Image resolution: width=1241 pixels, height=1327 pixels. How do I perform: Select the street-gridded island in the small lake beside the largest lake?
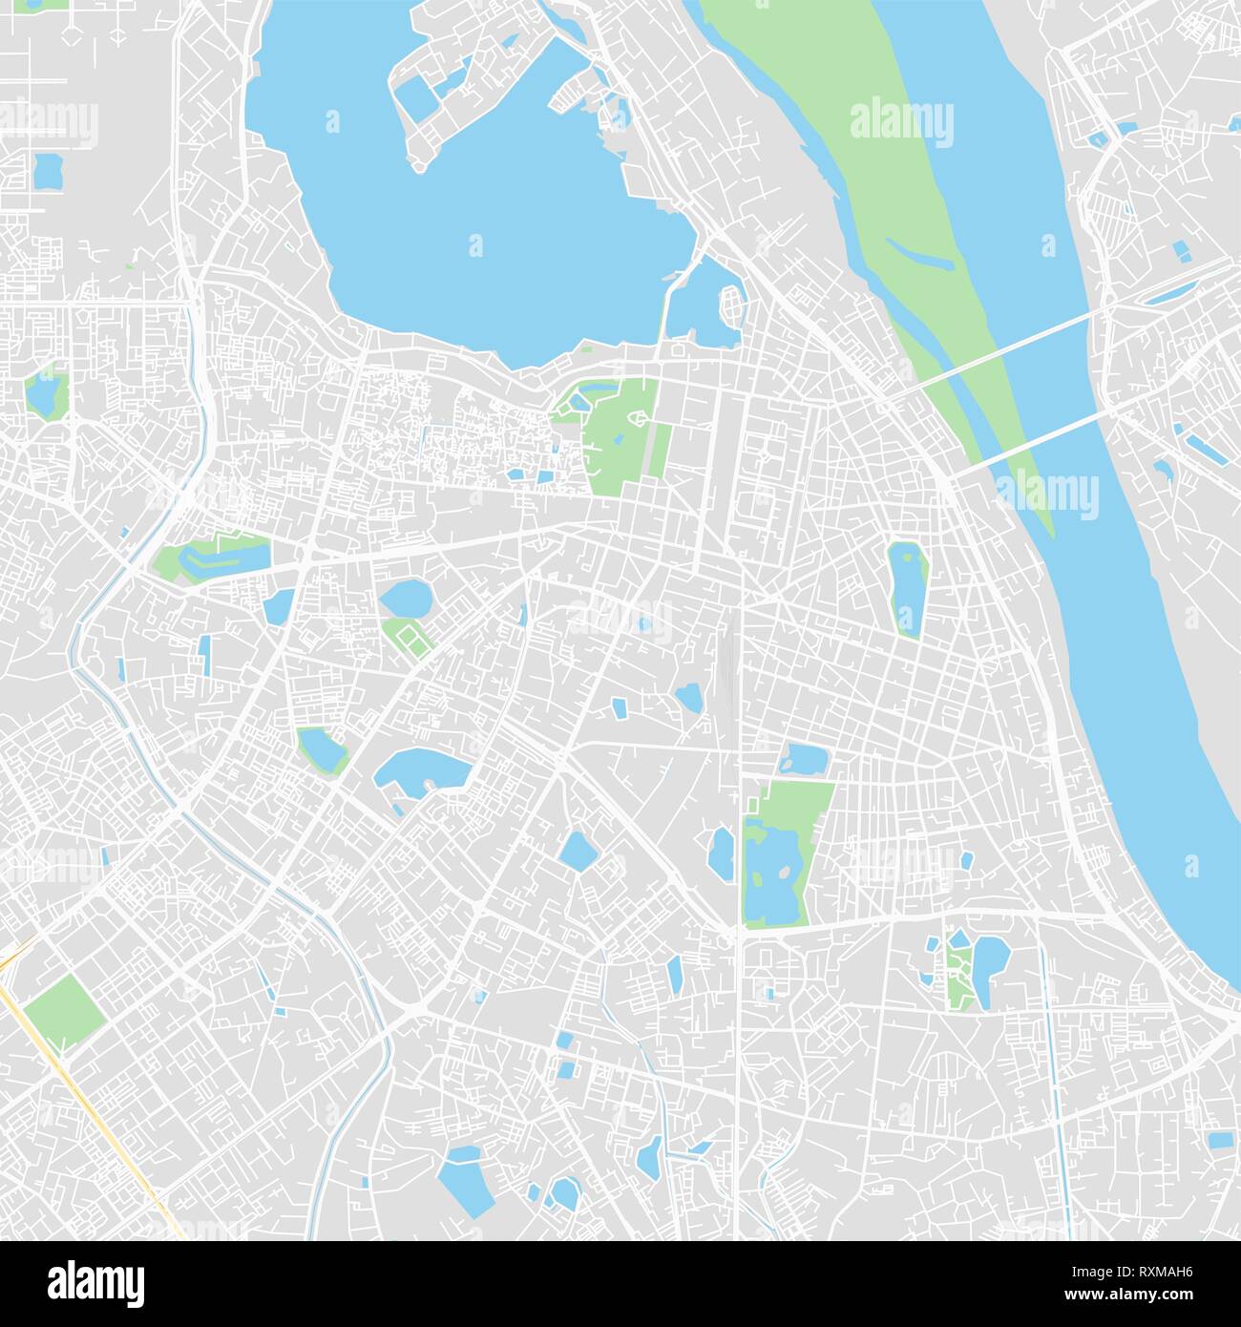point(731,306)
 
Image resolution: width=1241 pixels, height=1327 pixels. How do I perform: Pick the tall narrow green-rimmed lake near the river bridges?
point(908,586)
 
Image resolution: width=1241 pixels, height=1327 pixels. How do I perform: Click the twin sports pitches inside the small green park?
point(409,635)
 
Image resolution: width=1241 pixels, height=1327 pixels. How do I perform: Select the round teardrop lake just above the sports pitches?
point(406,599)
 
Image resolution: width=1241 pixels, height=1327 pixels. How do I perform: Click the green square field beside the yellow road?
point(63,1011)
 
